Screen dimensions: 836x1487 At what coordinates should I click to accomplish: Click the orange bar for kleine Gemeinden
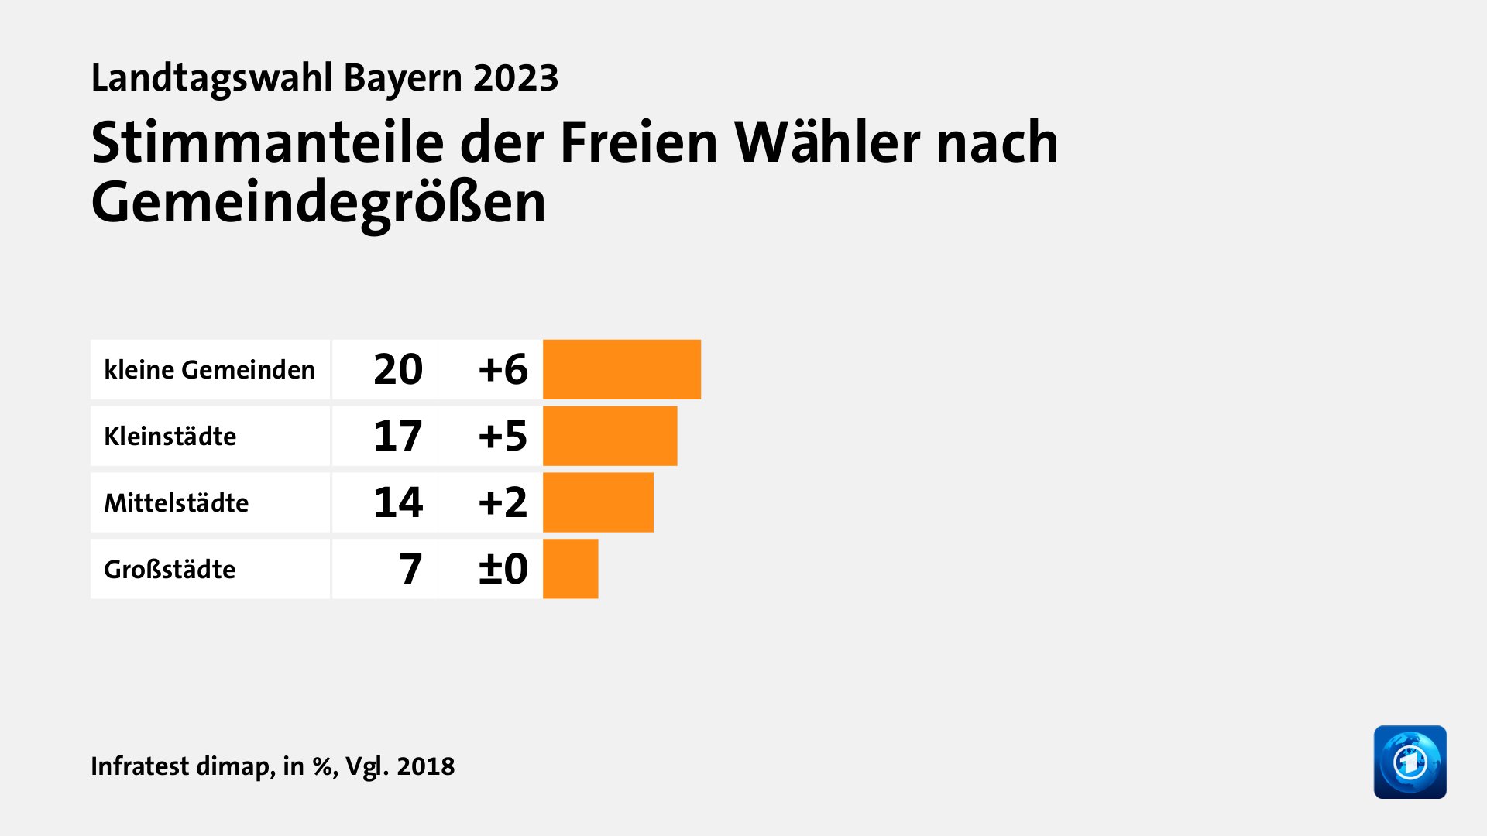pyautogui.click(x=621, y=369)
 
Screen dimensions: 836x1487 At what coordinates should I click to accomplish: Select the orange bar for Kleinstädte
pyautogui.click(x=610, y=436)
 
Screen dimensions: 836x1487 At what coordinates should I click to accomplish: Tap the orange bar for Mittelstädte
pyautogui.click(x=598, y=502)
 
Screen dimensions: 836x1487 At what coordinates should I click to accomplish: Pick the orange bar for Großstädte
pyautogui.click(x=570, y=569)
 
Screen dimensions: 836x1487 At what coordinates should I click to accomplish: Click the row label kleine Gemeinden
pyautogui.click(x=209, y=370)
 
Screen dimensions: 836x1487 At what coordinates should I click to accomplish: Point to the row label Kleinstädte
pyautogui.click(x=170, y=437)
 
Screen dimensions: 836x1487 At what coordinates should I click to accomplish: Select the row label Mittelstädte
pyautogui.click(x=176, y=503)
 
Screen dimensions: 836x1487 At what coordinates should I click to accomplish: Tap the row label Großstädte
pyautogui.click(x=170, y=570)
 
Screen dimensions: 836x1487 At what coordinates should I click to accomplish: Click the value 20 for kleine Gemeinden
pyautogui.click(x=397, y=369)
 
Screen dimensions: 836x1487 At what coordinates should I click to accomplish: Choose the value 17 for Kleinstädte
pyautogui.click(x=397, y=436)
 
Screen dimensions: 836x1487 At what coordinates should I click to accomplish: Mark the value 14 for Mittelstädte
pyautogui.click(x=397, y=502)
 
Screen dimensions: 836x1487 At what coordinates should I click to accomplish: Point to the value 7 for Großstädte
pyautogui.click(x=410, y=569)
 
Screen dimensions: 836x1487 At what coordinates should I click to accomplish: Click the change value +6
pyautogui.click(x=503, y=369)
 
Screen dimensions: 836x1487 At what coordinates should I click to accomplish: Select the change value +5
pyautogui.click(x=503, y=436)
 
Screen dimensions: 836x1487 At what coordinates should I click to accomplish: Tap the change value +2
pyautogui.click(x=503, y=502)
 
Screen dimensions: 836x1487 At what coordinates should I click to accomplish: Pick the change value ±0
pyautogui.click(x=503, y=569)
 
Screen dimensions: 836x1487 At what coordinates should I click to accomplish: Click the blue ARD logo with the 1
pyautogui.click(x=1410, y=762)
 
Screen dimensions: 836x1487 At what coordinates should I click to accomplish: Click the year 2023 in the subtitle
pyautogui.click(x=516, y=78)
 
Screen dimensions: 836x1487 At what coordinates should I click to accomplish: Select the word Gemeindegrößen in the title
pyautogui.click(x=318, y=203)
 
